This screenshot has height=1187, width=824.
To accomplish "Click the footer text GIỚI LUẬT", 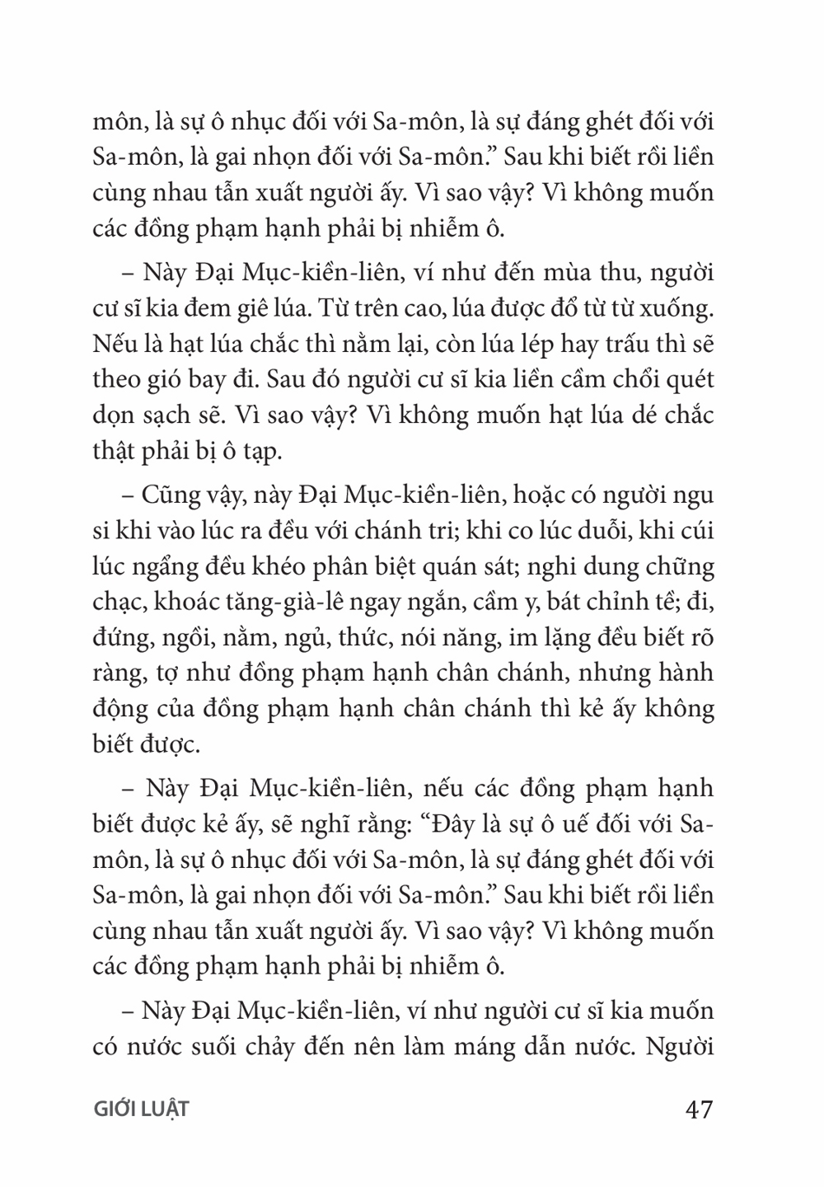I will click(x=142, y=1109).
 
